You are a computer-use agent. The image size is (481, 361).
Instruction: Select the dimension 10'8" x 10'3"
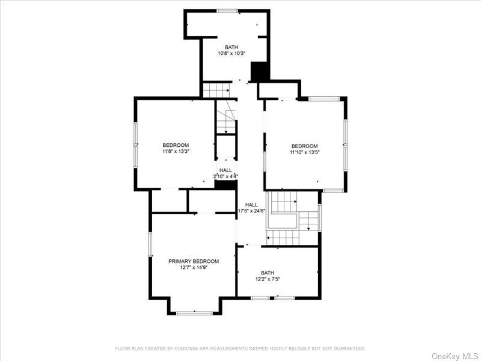point(231,54)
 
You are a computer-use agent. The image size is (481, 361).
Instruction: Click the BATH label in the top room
point(231,47)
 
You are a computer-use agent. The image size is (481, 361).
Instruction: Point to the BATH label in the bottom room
point(268,273)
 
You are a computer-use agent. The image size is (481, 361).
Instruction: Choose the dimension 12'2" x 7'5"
point(268,279)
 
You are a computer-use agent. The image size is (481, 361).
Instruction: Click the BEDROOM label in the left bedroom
point(176,145)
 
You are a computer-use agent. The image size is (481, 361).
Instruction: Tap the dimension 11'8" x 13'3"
point(176,152)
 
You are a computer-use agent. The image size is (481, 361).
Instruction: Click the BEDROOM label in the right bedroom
point(304,146)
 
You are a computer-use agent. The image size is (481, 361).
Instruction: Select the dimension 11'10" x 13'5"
point(304,153)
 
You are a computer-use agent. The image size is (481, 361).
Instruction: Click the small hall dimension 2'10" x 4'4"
point(225,176)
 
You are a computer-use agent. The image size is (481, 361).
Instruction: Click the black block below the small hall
point(225,185)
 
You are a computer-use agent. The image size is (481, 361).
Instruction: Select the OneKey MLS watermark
point(455,356)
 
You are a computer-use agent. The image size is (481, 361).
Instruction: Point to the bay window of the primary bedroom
point(194,312)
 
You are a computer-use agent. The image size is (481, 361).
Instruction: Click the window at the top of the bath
point(227,10)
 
